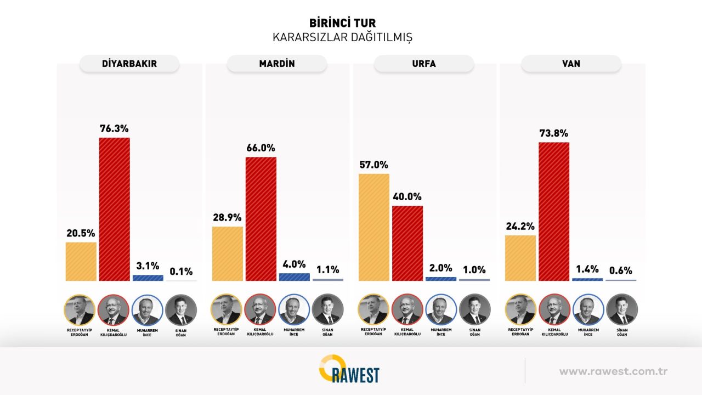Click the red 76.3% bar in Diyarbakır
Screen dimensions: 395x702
coord(114,209)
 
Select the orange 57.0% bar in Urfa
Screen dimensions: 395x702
coord(373,227)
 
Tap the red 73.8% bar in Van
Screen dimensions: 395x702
coord(554,211)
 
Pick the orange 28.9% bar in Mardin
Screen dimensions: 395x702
coord(227,253)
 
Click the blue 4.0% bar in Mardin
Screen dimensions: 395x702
coord(294,277)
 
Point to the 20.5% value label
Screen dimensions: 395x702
coord(81,233)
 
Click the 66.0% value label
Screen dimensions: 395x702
coord(261,148)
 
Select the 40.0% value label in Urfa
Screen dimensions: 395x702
coord(407,196)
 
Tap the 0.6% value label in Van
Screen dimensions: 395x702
coord(620,270)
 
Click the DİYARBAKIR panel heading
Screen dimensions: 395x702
coord(129,64)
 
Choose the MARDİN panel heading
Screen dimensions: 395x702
coord(276,64)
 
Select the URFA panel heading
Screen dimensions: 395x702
coord(423,64)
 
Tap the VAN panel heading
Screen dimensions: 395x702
coord(571,64)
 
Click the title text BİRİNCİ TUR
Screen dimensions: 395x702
coord(342,23)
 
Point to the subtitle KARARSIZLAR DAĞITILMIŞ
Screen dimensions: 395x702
coord(342,38)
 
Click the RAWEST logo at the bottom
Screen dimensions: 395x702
coord(349,370)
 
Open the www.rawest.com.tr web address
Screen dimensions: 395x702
coord(613,371)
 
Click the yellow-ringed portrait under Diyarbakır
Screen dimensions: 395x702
coord(80,310)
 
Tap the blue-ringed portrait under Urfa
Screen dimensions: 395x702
coord(441,310)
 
